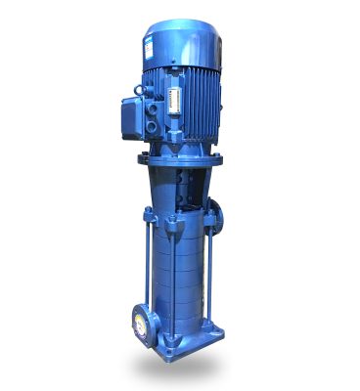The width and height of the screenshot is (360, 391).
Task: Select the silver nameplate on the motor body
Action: coord(177,101)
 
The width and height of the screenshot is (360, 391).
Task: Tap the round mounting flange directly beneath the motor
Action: coord(181,155)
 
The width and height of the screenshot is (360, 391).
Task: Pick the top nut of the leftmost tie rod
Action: coord(148,213)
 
